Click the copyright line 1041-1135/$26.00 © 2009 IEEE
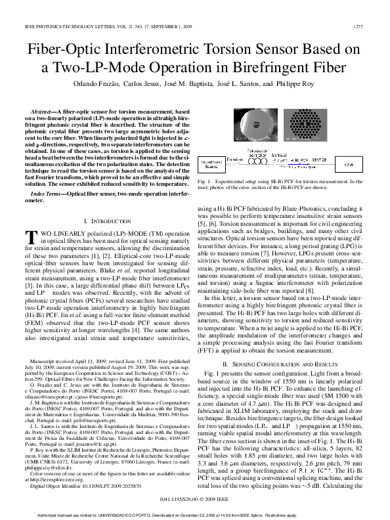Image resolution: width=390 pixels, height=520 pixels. click(x=194, y=499)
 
